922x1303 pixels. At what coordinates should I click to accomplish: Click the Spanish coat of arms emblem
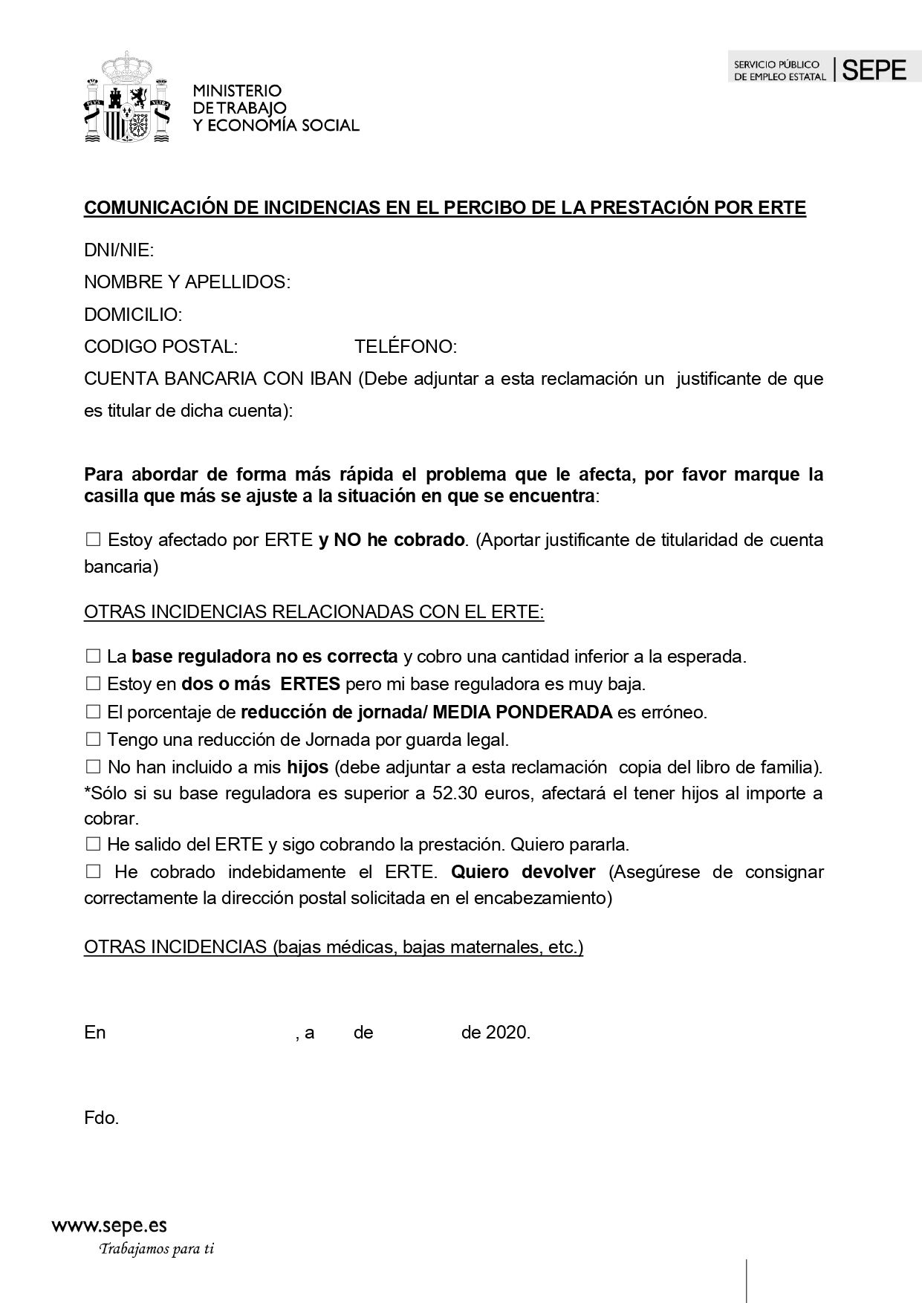(127, 97)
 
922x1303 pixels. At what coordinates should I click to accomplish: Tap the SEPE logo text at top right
(875, 71)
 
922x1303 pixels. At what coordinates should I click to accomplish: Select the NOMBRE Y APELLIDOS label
(186, 282)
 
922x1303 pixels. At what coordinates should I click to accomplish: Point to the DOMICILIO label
(133, 315)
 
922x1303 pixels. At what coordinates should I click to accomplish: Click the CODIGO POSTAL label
(160, 347)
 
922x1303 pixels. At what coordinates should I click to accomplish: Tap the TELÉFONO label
(405, 347)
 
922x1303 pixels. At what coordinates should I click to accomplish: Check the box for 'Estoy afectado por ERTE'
(93, 540)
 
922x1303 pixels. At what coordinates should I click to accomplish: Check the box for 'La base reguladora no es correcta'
(93, 657)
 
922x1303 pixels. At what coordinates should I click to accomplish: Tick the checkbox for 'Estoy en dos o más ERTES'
(93, 683)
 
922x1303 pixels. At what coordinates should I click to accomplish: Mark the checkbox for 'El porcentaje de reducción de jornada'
(93, 712)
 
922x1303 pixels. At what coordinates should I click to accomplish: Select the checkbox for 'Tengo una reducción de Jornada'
(93, 739)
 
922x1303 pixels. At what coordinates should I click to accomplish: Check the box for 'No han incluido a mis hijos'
(93, 767)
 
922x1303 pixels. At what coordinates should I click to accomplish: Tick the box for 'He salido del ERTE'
(93, 845)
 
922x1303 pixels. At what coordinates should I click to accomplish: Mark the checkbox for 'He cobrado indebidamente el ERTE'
(93, 872)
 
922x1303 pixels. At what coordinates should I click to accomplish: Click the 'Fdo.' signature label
(102, 1118)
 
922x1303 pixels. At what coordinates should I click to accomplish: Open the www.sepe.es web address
(109, 1225)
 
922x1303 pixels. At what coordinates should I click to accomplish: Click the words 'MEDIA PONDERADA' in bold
(522, 712)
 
